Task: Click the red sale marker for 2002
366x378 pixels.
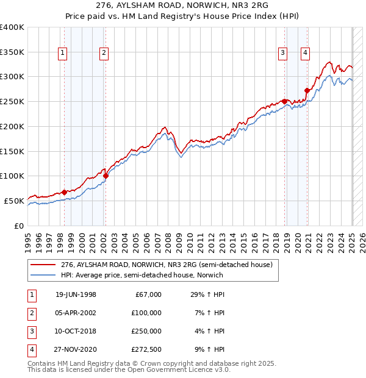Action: coord(106,176)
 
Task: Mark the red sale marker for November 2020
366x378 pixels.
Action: coord(307,90)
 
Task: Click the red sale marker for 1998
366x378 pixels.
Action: coord(65,192)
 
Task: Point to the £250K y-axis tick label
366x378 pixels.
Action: coord(12,101)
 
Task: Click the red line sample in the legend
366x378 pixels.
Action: coord(44,264)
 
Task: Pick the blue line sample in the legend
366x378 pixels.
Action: coord(44,275)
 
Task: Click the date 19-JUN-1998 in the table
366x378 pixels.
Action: coord(76,294)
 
